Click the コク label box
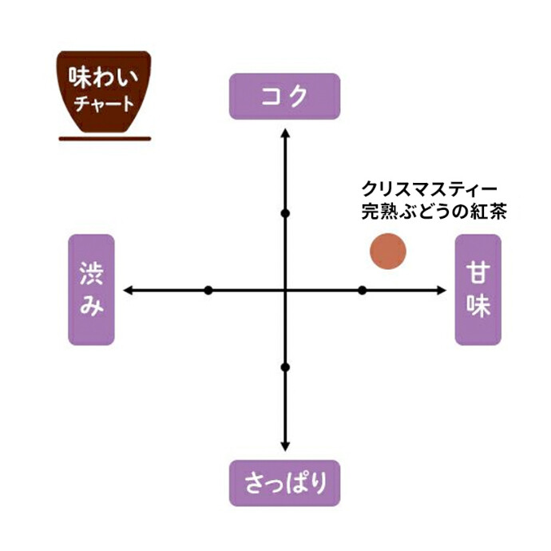point(285,97)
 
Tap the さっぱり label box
point(285,482)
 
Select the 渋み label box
point(92,289)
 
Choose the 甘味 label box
point(478,289)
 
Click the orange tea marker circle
point(388,251)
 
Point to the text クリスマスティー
point(429,189)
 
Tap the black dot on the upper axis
point(285,213)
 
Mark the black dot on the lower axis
point(285,367)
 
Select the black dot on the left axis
point(208,290)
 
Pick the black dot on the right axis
point(362,290)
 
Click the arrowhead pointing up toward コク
point(285,130)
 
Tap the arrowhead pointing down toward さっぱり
point(285,449)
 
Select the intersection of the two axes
point(285,290)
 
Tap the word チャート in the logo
point(105,105)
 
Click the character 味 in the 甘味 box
point(478,307)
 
